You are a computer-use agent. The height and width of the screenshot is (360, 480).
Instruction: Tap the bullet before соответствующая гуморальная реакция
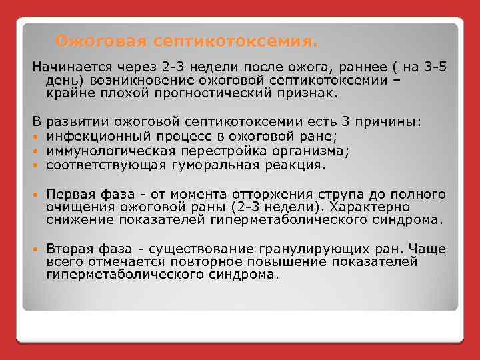click(36, 165)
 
